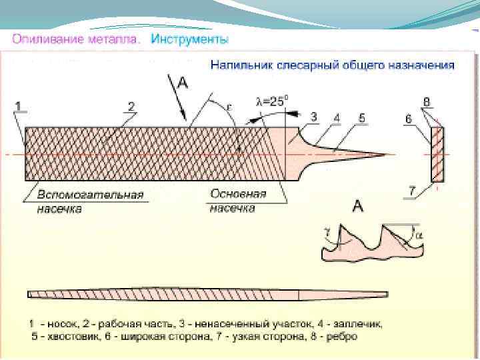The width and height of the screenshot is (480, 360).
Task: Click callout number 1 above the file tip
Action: [x=18, y=105]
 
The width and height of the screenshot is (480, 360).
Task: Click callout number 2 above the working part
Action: [x=131, y=105]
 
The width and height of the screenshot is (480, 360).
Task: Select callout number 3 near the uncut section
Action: [x=313, y=117]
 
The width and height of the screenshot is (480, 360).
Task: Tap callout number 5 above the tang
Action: [x=361, y=118]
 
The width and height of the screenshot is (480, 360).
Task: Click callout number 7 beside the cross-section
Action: [x=413, y=191]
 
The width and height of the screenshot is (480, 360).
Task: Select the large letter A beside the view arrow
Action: [x=184, y=83]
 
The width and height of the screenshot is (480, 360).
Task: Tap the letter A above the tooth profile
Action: [x=357, y=207]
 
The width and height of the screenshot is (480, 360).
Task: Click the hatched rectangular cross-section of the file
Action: [x=437, y=154]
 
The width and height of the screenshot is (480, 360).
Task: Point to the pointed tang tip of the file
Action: [x=383, y=155]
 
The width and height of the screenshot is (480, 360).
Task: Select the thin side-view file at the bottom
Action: [x=207, y=293]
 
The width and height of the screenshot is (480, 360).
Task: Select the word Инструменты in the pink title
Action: [x=190, y=39]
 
